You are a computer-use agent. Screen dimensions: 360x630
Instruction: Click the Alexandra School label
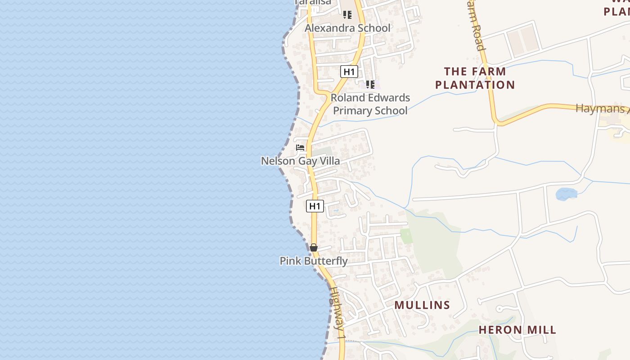click(x=347, y=28)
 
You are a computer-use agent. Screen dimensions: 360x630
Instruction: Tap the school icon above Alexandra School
click(x=347, y=15)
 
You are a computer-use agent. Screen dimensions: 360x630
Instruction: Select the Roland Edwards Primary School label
click(x=370, y=104)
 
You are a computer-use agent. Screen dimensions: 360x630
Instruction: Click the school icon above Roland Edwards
click(x=370, y=84)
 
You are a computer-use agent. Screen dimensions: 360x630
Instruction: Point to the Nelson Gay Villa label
click(x=300, y=161)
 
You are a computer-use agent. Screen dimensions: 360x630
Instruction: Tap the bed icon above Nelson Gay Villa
click(x=300, y=148)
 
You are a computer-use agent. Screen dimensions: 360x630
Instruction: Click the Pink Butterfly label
click(x=314, y=261)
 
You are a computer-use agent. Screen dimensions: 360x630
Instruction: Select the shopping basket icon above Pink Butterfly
click(x=314, y=247)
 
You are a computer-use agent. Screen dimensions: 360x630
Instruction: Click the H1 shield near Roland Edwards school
click(x=349, y=72)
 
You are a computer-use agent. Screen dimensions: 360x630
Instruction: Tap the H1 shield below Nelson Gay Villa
click(x=315, y=206)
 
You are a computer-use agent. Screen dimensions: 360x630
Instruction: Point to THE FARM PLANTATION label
click(x=475, y=78)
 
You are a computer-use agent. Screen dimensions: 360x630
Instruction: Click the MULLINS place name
click(x=422, y=305)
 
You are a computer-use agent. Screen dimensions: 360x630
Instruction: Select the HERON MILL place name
click(x=517, y=330)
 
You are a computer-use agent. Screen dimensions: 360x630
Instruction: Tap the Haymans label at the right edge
click(x=603, y=108)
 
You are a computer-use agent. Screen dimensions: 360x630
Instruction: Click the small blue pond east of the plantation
click(x=566, y=194)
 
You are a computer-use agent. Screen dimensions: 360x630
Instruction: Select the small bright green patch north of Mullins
click(x=406, y=236)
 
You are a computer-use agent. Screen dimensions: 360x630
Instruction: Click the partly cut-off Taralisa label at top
click(x=313, y=2)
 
